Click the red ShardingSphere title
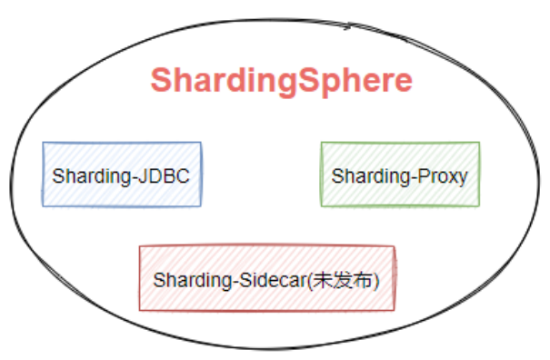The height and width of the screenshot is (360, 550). point(281,80)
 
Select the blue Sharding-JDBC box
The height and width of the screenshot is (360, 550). point(122,174)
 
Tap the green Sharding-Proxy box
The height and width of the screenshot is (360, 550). point(400,174)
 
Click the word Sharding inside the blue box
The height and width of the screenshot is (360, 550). point(89,175)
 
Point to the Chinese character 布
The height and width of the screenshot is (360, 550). point(361,280)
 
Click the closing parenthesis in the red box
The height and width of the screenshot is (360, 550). point(375,280)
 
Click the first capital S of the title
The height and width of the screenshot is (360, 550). point(161,80)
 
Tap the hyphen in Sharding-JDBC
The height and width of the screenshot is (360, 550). point(135,175)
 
